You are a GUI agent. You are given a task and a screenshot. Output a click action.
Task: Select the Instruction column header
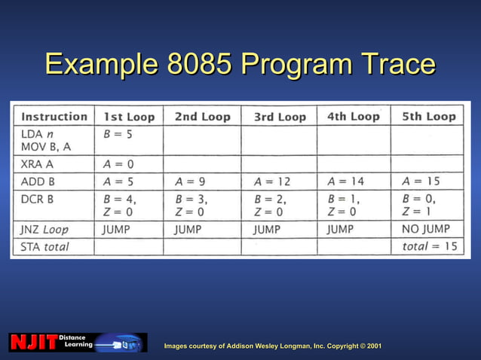point(54,116)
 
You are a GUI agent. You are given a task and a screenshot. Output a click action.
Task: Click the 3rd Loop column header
point(280,117)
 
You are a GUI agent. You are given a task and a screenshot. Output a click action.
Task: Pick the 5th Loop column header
point(429,116)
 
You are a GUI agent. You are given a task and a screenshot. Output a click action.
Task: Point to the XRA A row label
point(38,163)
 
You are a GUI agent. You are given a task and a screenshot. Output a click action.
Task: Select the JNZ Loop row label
point(50,229)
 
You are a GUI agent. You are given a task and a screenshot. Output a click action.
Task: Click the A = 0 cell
point(118,163)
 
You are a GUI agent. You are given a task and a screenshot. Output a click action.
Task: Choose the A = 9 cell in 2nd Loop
point(191,182)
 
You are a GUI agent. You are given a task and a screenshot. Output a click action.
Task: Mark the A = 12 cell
point(272,182)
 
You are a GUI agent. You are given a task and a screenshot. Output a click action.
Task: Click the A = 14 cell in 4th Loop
point(346,182)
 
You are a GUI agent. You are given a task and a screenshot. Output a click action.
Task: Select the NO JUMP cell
point(426,229)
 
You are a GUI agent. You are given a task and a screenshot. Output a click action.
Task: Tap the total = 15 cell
point(430,246)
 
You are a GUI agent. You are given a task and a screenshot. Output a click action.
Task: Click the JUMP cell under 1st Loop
point(117,229)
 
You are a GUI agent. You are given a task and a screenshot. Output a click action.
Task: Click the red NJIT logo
point(34,343)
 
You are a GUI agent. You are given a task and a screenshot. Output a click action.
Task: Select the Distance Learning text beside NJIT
point(75,341)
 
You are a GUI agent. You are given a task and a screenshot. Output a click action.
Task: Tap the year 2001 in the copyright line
point(373,346)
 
